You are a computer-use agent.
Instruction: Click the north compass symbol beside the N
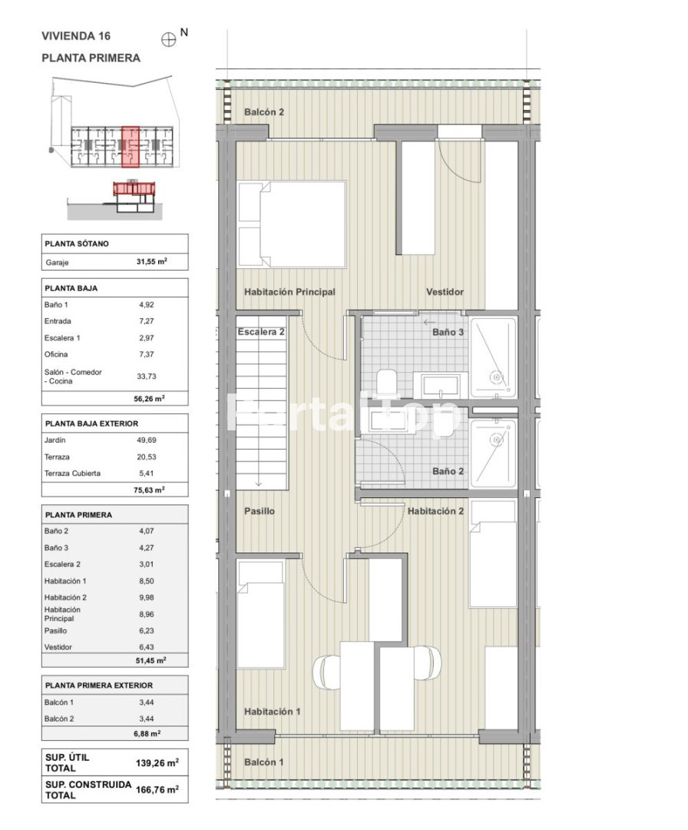[x=168, y=40]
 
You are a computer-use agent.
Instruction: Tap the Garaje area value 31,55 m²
[x=152, y=261]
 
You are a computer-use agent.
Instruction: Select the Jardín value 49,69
[x=147, y=440]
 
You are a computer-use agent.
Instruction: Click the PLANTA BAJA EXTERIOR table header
[x=91, y=423]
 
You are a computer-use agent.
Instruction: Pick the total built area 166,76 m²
[x=157, y=789]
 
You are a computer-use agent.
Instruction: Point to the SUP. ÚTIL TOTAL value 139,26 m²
[x=157, y=763]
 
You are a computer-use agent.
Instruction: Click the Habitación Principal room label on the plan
[x=289, y=292]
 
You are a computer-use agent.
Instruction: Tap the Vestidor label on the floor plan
[x=445, y=292]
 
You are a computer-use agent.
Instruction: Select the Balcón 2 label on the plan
[x=264, y=111]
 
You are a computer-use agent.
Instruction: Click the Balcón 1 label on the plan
[x=263, y=762]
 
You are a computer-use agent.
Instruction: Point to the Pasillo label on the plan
[x=259, y=511]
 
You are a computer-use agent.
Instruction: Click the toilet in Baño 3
[x=387, y=381]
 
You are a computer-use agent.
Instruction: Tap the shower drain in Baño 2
[x=496, y=440]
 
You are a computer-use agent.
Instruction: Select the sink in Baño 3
[x=440, y=386]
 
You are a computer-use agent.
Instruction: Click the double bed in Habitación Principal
[x=293, y=224]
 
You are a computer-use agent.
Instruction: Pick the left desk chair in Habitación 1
[x=326, y=672]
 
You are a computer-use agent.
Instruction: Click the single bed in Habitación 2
[x=493, y=553]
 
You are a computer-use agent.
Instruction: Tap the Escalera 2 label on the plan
[x=261, y=332]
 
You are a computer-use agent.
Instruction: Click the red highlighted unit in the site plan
[x=130, y=147]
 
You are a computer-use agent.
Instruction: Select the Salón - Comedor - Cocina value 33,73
[x=147, y=377]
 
